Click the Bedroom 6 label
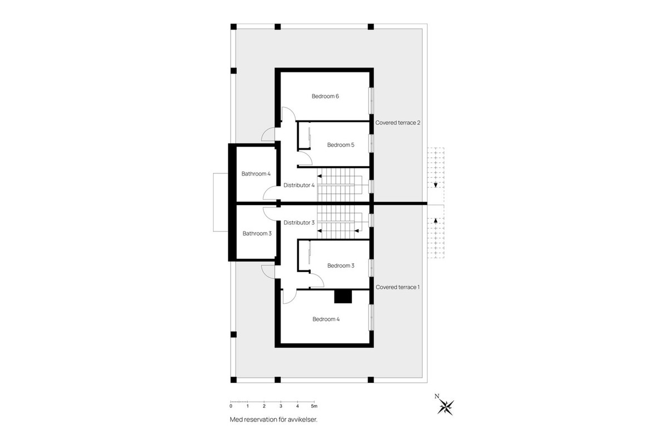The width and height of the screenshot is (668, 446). pos(325,96)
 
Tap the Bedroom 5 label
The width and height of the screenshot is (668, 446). pos(341,145)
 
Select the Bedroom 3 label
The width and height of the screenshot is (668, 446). pos(341,265)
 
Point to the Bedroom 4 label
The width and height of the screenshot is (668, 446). pos(326,319)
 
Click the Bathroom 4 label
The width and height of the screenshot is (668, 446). pos(256,173)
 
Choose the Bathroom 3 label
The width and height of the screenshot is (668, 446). pos(257,233)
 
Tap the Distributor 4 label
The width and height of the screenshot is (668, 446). pos(299,185)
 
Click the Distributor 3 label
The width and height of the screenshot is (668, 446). pos(299,222)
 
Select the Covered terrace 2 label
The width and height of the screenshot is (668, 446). pos(397,123)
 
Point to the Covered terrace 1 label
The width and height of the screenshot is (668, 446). pos(397,287)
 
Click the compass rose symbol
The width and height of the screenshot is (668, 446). pos(445,407)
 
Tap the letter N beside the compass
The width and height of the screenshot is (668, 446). pos(437,396)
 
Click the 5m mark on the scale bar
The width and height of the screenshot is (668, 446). pos(314,406)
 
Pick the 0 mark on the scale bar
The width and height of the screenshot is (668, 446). pos(231,406)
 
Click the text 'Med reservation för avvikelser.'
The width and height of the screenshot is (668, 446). pos(273,419)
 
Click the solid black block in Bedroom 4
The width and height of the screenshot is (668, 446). pos(343,297)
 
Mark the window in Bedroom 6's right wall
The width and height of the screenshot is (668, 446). pos(371,101)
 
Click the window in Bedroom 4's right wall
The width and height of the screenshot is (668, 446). pos(371,318)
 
